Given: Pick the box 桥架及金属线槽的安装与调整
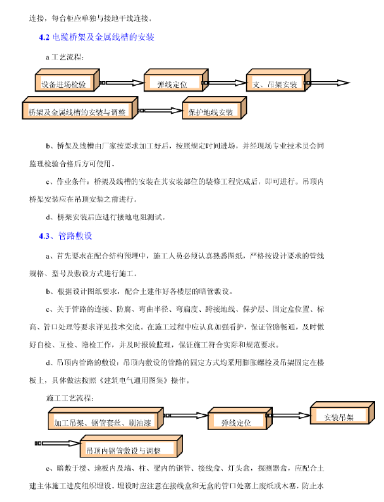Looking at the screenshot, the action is (x=77, y=113).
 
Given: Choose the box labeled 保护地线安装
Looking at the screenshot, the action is (x=211, y=113).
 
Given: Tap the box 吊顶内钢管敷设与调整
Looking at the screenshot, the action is (x=128, y=450).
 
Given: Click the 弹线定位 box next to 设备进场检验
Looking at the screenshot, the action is (x=172, y=84).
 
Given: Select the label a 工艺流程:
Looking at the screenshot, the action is (x=65, y=57).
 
